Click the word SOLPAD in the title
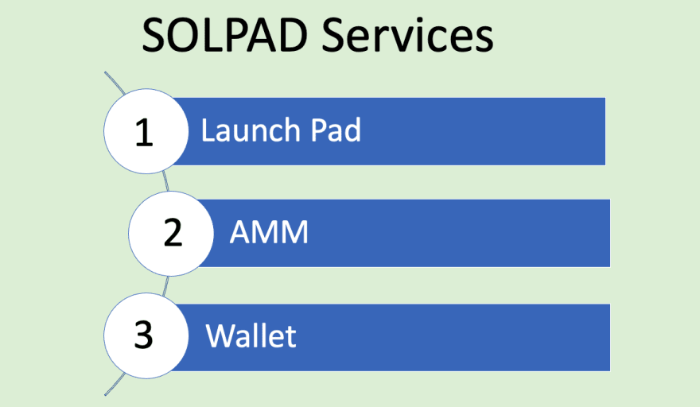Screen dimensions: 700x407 (x=225, y=35)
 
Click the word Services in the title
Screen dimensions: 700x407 (x=407, y=35)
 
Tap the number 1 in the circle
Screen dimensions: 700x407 (x=144, y=132)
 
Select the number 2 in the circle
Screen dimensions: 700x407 (x=173, y=232)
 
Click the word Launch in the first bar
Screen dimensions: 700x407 (x=251, y=130)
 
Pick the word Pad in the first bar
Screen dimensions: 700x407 (x=336, y=130)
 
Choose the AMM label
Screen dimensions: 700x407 (x=269, y=231)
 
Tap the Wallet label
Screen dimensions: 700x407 (x=251, y=335)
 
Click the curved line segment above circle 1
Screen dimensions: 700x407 (x=115, y=83)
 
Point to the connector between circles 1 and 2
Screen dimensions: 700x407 (x=165, y=181)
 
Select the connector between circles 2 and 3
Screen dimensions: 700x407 (x=165, y=285)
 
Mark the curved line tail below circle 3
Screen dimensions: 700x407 (x=115, y=385)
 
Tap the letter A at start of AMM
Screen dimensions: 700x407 (x=239, y=231)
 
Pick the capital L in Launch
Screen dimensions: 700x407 (x=208, y=130)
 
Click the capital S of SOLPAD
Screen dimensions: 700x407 (x=153, y=35)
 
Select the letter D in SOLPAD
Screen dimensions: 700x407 (x=292, y=35)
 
